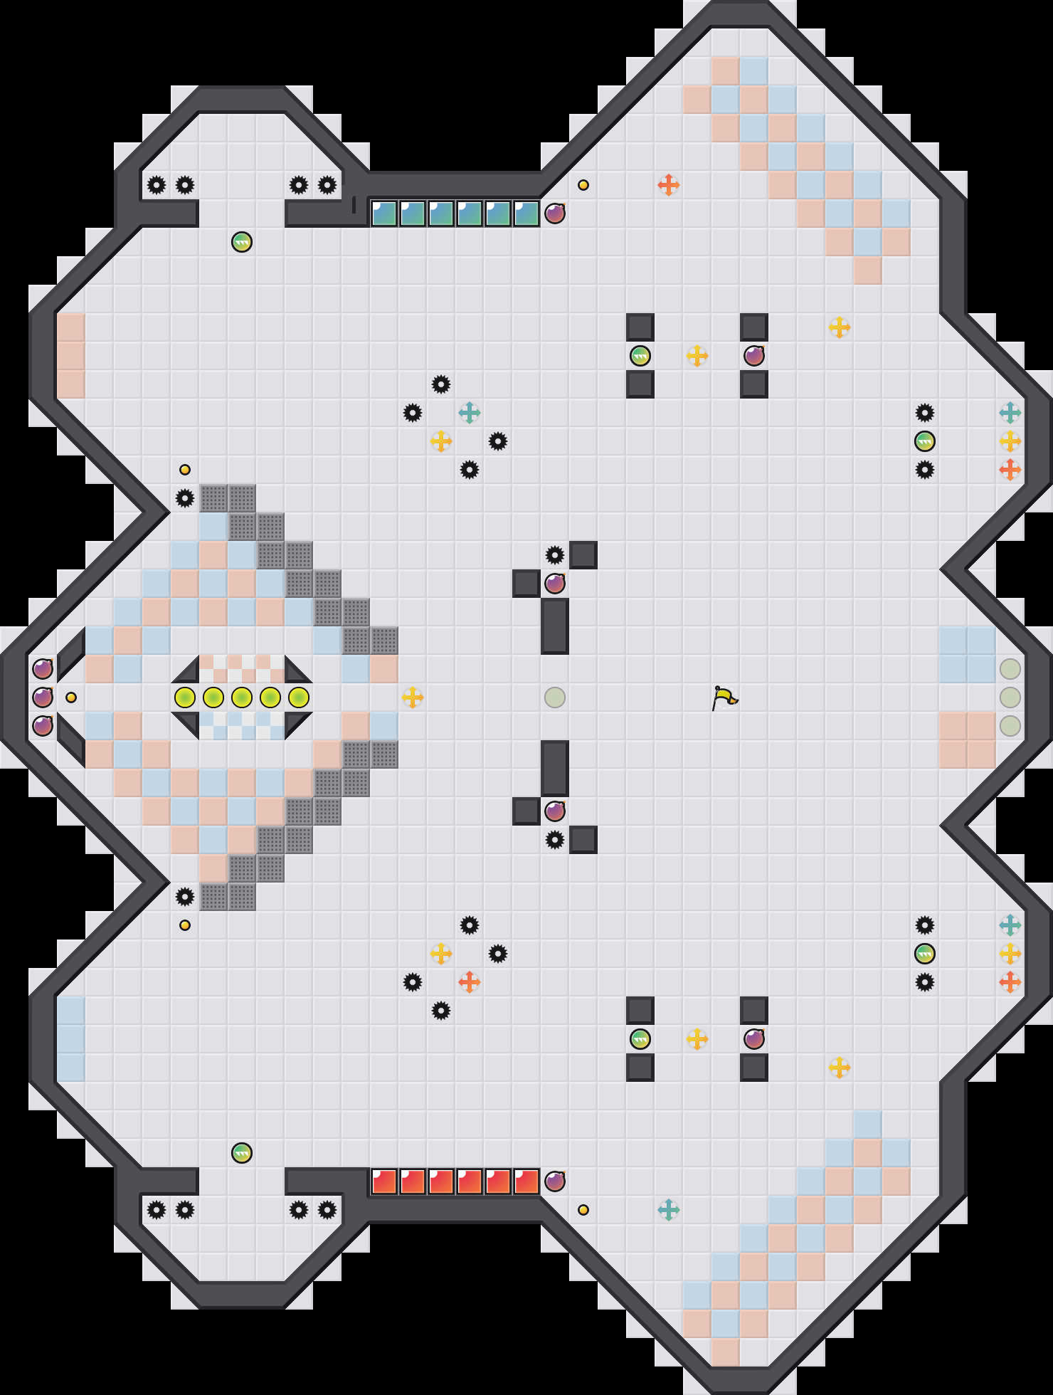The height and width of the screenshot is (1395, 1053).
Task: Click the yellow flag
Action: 724,697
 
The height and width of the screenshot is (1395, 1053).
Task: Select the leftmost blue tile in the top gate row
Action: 384,214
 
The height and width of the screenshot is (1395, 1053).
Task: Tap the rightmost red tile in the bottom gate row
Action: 526,1181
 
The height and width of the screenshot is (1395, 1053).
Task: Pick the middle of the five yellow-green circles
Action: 242,697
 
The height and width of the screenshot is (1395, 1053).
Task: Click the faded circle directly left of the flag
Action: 555,697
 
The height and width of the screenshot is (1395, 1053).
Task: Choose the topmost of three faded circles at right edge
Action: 1010,669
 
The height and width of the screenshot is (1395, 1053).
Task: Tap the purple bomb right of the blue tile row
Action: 555,214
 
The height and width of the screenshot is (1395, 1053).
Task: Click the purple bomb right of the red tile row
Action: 555,1181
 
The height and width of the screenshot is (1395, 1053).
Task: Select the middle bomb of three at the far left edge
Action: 43,697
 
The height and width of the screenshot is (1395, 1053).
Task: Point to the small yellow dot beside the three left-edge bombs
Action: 71,697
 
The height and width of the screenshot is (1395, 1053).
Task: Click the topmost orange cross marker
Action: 669,185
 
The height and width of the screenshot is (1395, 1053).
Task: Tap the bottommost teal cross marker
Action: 669,1210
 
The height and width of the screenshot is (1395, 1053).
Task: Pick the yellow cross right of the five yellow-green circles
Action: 413,697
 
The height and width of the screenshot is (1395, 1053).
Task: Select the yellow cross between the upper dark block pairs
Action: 697,356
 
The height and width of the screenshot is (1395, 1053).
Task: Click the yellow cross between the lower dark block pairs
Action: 697,1039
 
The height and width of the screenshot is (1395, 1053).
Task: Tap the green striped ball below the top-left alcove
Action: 242,242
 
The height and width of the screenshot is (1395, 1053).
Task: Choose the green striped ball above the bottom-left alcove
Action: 242,1153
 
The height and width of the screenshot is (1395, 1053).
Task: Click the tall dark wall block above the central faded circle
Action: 555,626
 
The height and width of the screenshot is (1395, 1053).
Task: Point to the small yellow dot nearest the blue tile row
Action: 583,185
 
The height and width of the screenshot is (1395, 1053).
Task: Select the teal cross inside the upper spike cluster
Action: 470,413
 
